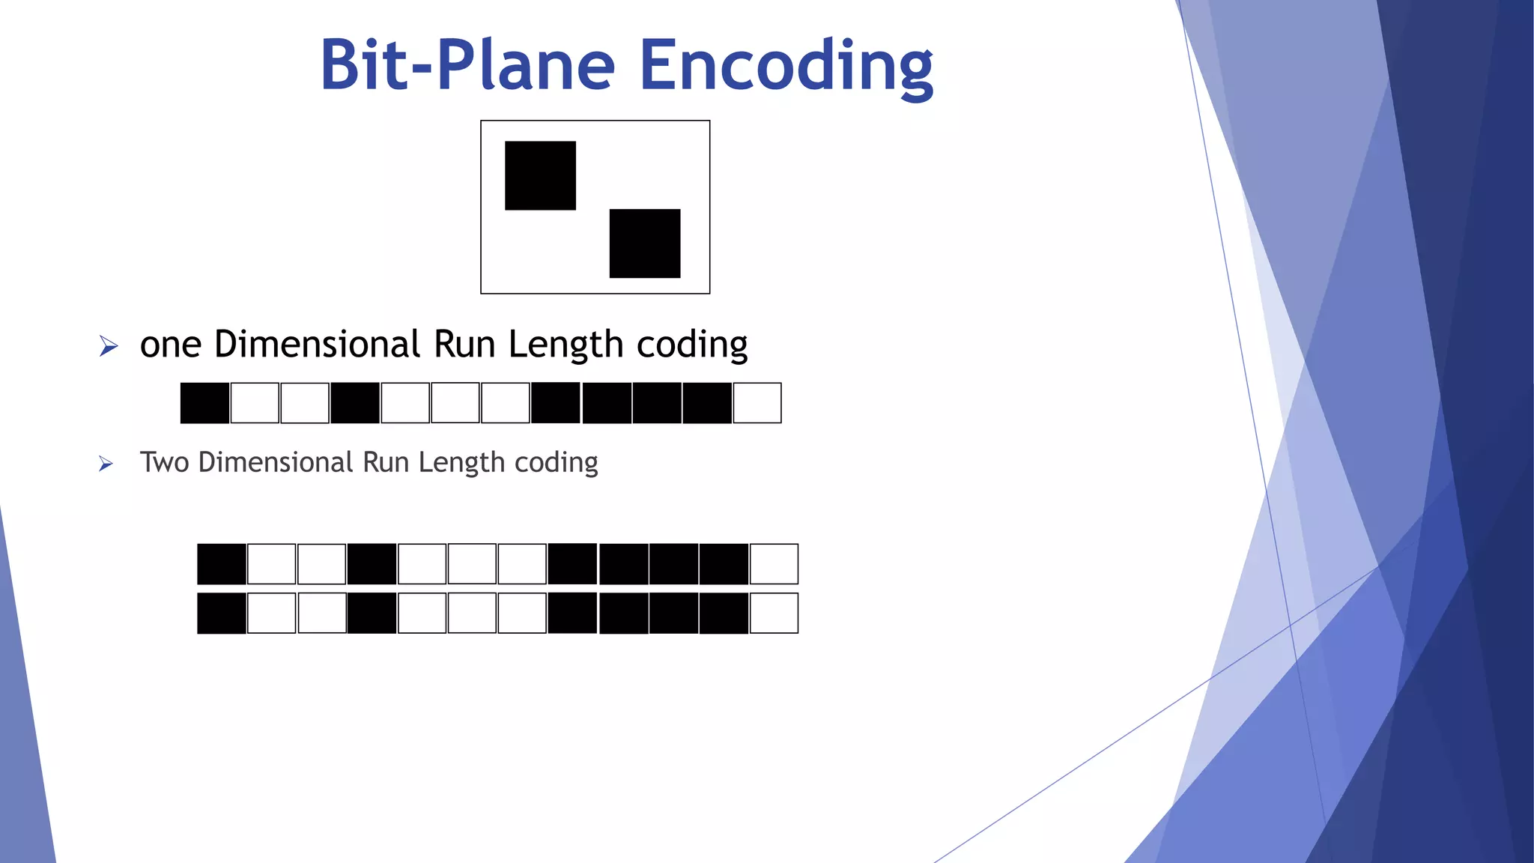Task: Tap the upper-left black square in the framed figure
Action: [540, 175]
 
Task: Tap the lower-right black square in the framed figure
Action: [645, 243]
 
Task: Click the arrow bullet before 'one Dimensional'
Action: [109, 346]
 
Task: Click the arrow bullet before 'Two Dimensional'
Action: [106, 464]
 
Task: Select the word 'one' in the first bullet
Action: [171, 345]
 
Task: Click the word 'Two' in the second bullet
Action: [165, 462]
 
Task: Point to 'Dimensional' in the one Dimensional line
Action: [317, 345]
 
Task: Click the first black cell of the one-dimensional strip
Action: [204, 403]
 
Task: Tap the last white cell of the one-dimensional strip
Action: [757, 403]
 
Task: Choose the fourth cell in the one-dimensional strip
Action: [355, 403]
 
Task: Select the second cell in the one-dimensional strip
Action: [255, 403]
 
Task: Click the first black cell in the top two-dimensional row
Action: [222, 564]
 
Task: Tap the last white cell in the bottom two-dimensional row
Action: [774, 614]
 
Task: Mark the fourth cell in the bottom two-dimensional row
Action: [372, 614]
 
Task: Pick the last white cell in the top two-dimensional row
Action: [774, 564]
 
